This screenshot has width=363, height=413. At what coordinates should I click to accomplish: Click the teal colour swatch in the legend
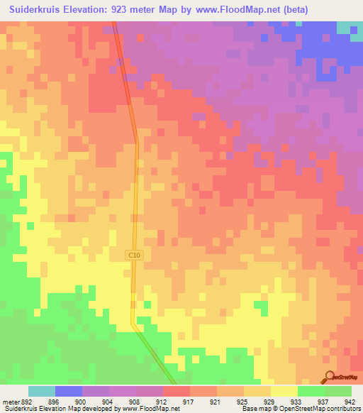[42, 391]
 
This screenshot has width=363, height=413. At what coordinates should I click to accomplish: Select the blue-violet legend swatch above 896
[69, 391]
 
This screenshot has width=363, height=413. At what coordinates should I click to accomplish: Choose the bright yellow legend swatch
[284, 391]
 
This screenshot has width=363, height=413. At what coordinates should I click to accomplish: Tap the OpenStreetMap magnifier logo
[330, 377]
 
